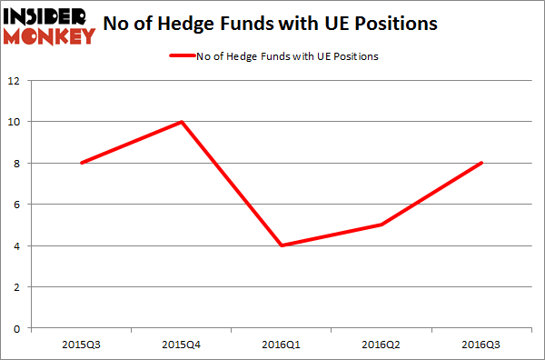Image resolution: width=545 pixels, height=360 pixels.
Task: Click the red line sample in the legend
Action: [181, 56]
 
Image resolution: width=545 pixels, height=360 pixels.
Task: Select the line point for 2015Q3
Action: [82, 163]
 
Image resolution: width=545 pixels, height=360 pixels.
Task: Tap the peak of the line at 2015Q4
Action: [182, 122]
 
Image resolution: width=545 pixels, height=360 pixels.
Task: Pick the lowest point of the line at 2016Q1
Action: [282, 245]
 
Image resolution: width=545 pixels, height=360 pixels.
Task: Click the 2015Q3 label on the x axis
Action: [82, 345]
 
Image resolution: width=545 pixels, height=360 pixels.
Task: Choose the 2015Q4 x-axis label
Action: [182, 345]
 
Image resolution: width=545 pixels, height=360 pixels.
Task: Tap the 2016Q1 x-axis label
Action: [282, 345]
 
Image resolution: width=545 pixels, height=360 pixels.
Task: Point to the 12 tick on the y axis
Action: [15, 80]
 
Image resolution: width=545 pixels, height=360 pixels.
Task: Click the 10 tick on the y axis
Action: [15, 122]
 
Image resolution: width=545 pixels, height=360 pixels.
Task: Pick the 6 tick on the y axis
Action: [18, 205]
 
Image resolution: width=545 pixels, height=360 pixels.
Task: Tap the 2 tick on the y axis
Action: [18, 287]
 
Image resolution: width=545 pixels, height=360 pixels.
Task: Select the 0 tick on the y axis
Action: [18, 328]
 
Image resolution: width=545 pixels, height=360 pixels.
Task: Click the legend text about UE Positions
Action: [287, 56]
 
